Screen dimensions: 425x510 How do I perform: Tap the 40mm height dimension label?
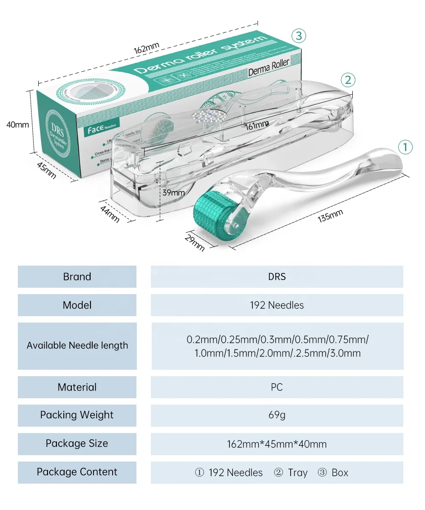tap(17, 125)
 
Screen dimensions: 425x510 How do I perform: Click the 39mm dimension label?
tap(174, 192)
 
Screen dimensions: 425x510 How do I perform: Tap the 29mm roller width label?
tap(195, 241)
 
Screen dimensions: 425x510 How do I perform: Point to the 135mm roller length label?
tap(330, 216)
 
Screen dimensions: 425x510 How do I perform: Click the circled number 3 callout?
tap(299, 36)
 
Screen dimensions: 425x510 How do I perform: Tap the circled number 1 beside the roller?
tap(405, 147)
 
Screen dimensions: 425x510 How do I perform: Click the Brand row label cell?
tap(77, 277)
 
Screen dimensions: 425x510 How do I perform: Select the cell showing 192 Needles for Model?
tap(277, 305)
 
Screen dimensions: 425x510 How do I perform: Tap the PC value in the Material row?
tap(277, 387)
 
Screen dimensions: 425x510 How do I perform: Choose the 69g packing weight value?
tap(277, 415)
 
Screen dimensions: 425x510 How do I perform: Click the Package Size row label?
tap(77, 443)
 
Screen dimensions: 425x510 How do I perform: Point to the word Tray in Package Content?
tap(297, 472)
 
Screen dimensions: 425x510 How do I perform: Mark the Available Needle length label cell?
tap(77, 346)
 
